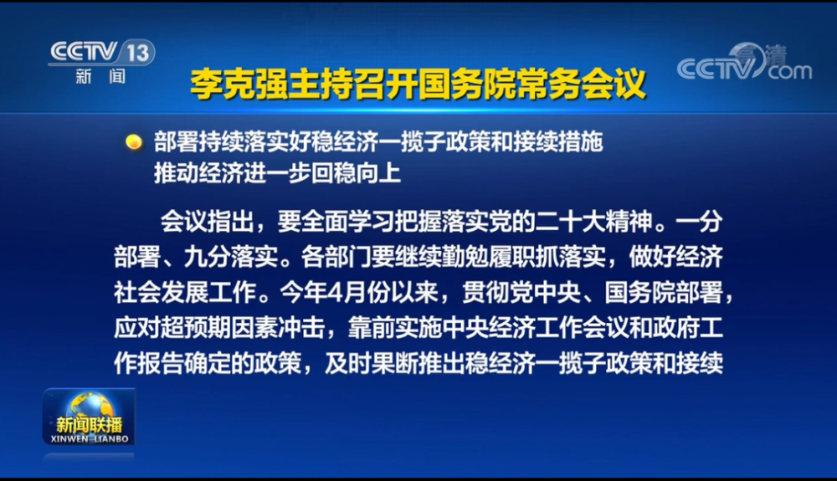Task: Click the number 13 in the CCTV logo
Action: [138, 53]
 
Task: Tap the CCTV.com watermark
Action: [744, 63]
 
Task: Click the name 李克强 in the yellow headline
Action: [239, 84]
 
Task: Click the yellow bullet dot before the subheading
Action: [133, 142]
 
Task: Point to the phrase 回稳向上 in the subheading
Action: [356, 173]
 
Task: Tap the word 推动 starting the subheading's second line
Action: [177, 173]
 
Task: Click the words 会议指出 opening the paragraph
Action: [207, 223]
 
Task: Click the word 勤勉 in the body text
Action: [465, 258]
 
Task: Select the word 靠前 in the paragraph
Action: [371, 328]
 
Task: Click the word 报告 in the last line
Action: [161, 363]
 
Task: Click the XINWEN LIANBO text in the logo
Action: [90, 439]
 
